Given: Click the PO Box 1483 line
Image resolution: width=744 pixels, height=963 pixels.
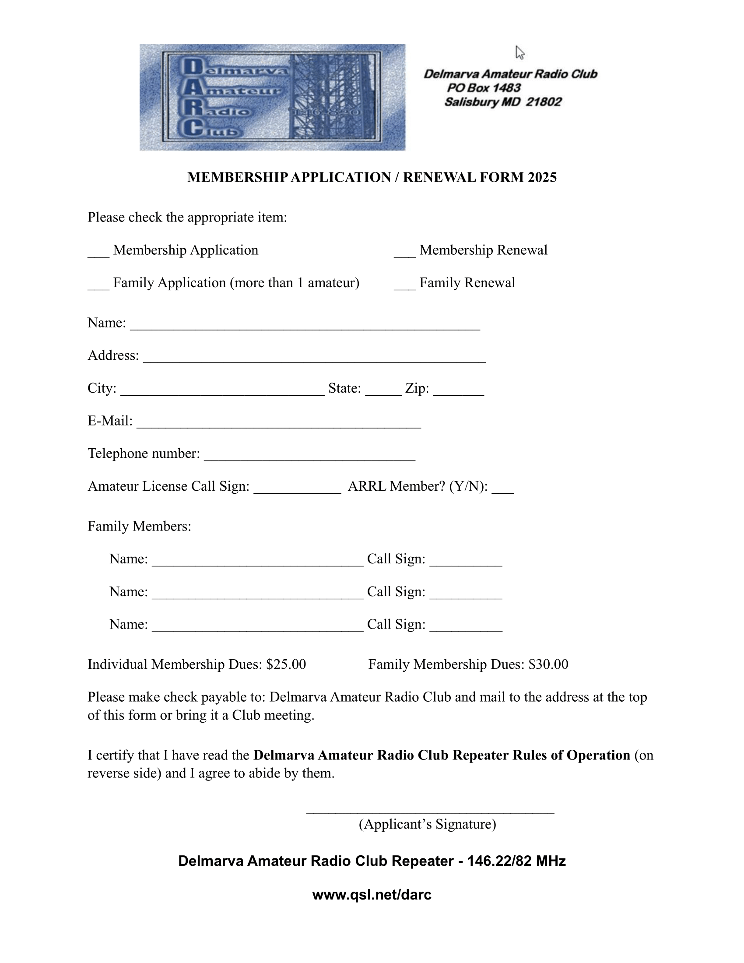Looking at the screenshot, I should (484, 88).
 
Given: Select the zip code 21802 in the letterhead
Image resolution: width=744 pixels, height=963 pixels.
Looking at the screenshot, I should (544, 102).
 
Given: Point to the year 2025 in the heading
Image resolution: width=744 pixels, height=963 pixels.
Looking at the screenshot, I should (542, 177).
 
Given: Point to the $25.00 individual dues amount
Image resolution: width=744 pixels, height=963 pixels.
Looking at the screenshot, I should (286, 664).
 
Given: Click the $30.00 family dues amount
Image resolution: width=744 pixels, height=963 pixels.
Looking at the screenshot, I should (548, 664).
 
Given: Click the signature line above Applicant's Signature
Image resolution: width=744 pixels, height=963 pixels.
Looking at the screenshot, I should (430, 809).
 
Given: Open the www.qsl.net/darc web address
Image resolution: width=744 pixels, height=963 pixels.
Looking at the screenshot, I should (372, 895).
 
